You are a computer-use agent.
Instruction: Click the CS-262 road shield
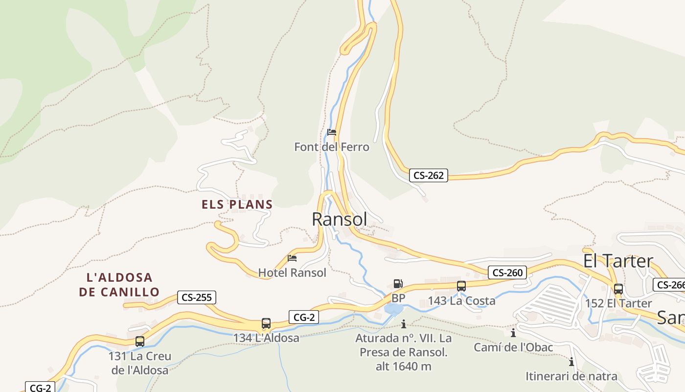[429, 175]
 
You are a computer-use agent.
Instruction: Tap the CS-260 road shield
[507, 272]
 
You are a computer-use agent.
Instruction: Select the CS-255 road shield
[196, 297]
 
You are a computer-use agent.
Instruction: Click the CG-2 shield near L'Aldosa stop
[304, 317]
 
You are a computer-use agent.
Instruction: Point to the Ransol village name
[339, 219]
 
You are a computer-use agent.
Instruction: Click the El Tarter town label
[618, 261]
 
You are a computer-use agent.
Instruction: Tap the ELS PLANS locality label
[237, 204]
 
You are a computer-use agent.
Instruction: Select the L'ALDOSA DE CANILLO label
[119, 285]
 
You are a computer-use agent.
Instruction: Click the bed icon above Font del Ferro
[332, 132]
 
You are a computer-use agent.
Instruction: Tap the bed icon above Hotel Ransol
[292, 258]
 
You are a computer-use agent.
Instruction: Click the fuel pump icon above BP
[398, 284]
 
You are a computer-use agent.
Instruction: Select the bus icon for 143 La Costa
[461, 286]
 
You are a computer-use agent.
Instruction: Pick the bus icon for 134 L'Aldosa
[266, 323]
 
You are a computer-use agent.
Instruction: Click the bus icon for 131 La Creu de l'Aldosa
[140, 341]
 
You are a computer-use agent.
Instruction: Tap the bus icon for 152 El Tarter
[618, 289]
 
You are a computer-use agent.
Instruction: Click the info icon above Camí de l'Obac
[513, 333]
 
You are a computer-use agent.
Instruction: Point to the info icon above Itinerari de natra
[571, 362]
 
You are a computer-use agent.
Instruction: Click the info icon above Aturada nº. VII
[404, 324]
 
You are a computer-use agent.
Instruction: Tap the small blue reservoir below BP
[394, 309]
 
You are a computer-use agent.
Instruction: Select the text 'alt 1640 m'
[404, 366]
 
